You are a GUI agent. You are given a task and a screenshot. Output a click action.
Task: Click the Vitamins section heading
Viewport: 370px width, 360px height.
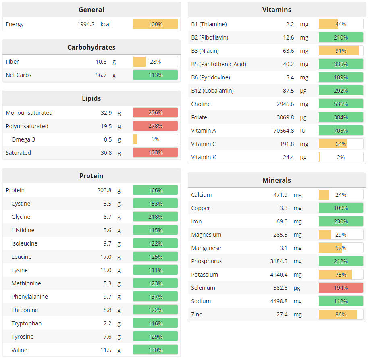coord(276,10)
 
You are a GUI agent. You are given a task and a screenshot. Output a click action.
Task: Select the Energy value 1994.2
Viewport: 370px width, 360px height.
coord(86,24)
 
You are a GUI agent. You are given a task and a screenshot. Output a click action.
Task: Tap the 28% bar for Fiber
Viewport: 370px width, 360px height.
coord(155,62)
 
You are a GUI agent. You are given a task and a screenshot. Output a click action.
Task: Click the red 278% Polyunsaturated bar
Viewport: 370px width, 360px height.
coord(155,126)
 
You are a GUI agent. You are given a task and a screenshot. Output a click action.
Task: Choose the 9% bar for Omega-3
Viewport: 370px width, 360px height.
coord(155,139)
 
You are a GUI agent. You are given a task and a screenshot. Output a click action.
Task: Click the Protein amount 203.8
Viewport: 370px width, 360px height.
coord(104,190)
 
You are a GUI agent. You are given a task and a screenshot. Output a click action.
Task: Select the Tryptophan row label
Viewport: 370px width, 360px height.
coord(27,323)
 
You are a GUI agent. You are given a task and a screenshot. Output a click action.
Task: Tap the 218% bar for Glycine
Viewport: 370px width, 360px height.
coord(155,217)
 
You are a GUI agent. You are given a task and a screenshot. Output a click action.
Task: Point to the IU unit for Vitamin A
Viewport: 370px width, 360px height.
coord(303,131)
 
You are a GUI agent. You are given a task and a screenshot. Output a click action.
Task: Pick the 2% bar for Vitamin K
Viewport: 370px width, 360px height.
coord(341,157)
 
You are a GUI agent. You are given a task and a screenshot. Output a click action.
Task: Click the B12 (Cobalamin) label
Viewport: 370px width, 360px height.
coord(212,91)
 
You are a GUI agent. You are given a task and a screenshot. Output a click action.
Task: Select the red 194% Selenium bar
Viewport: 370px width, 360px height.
coord(341,288)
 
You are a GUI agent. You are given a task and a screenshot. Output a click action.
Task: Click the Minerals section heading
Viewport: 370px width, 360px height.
coord(276,180)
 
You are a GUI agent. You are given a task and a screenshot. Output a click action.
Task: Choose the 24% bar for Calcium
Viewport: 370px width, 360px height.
coord(341,195)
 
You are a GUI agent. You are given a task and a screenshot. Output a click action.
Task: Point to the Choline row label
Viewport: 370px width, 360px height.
coord(201,104)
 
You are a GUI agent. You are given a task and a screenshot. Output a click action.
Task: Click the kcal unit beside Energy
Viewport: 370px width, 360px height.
coord(106,24)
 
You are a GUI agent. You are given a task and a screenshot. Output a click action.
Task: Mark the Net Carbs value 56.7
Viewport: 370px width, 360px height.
coord(101,75)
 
